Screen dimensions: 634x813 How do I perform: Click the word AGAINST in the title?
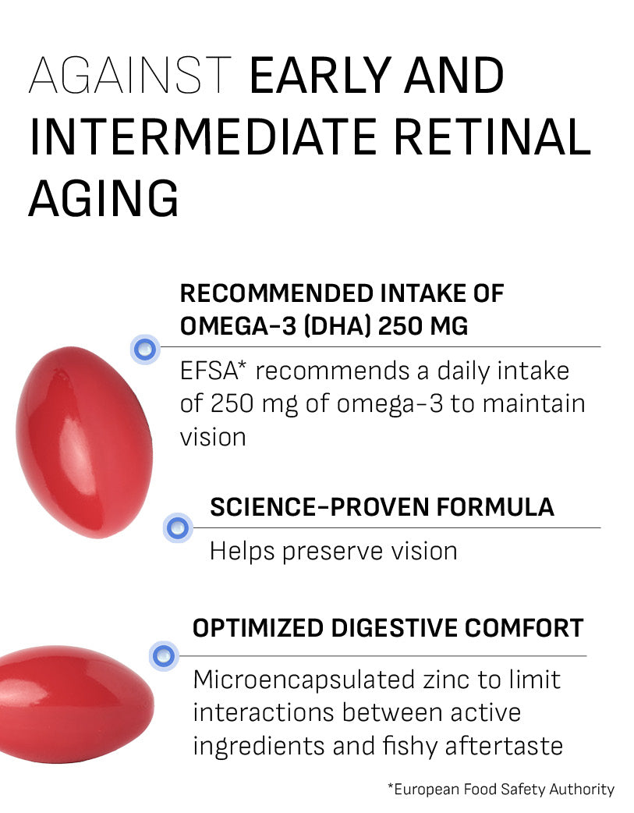click(129, 75)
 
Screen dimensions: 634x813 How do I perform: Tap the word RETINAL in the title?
click(493, 137)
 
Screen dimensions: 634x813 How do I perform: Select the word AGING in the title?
click(104, 199)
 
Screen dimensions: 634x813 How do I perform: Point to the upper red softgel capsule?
click(84, 442)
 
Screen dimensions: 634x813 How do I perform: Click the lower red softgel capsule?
click(76, 704)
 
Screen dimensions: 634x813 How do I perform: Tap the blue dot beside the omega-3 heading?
click(145, 349)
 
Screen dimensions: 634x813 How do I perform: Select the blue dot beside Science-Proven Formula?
click(178, 528)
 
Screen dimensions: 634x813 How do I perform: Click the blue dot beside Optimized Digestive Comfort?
click(164, 656)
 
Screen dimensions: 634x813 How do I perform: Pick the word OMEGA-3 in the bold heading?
click(238, 326)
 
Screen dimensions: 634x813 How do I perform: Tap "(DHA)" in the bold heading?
click(338, 326)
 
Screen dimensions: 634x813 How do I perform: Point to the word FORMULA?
click(495, 507)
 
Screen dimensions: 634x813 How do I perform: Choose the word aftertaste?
click(504, 746)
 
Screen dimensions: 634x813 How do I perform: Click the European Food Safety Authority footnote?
click(501, 789)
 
